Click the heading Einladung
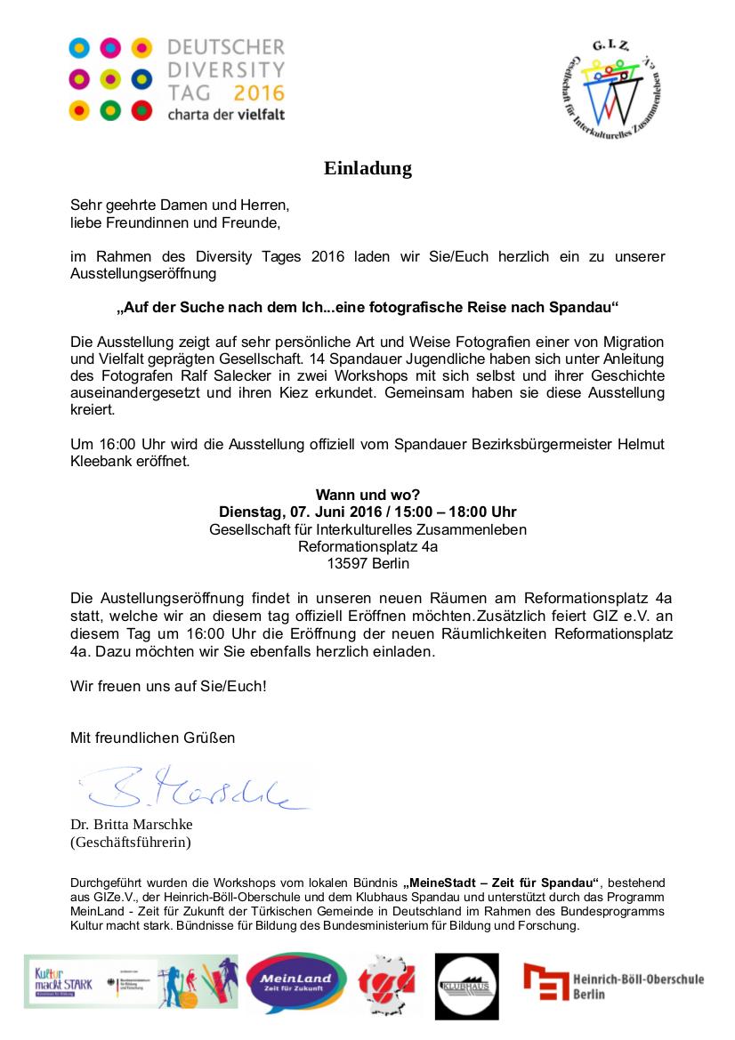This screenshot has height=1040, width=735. click(x=367, y=168)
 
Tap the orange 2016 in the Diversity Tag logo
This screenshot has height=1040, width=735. click(x=259, y=93)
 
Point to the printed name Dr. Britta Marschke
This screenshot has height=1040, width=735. click(x=132, y=824)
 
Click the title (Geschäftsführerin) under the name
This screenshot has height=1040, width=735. click(x=131, y=841)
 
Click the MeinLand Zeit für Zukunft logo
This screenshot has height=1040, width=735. click(x=295, y=981)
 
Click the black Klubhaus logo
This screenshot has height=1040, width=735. click(x=466, y=985)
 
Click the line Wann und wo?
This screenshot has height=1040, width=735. click(x=367, y=495)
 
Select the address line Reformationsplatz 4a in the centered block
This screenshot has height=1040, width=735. click(x=367, y=546)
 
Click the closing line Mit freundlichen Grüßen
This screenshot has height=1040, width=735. click(x=152, y=737)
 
